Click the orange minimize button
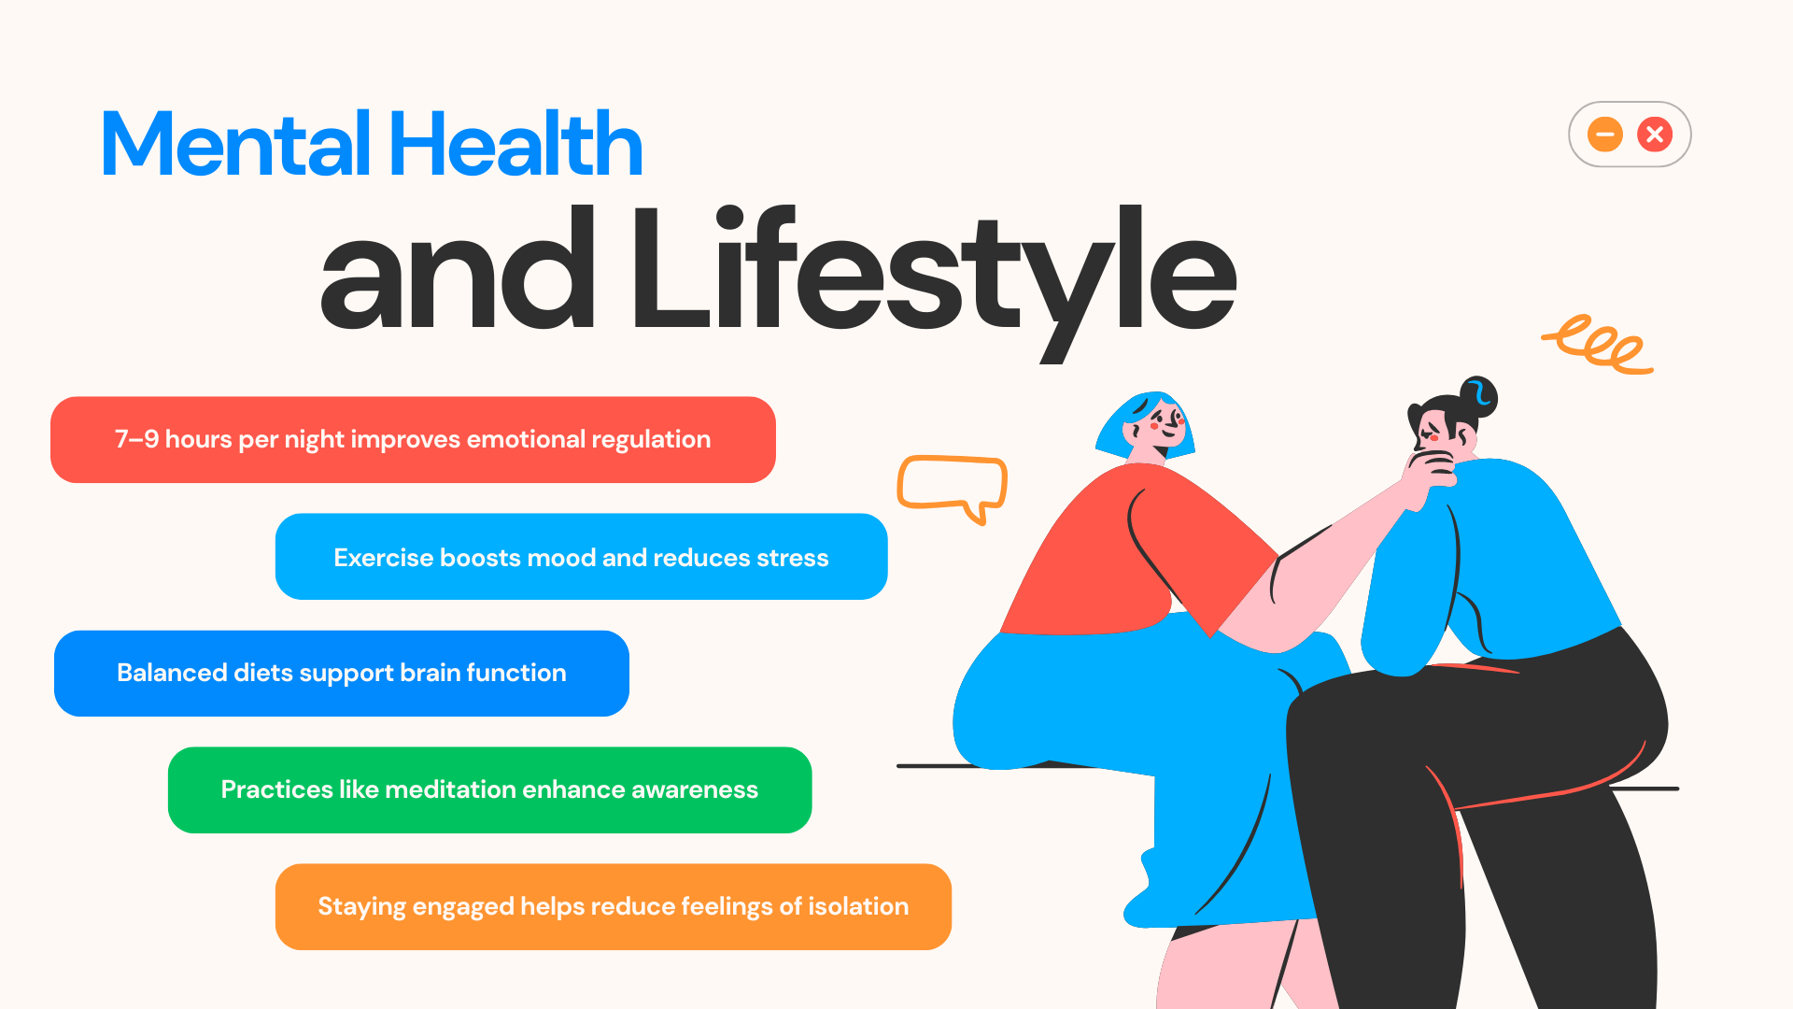(1604, 135)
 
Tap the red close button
(1655, 135)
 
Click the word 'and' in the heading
(458, 269)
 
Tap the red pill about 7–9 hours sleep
(413, 439)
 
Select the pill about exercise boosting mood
(581, 557)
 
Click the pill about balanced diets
(342, 674)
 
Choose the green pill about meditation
(489, 790)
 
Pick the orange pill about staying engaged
(614, 907)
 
